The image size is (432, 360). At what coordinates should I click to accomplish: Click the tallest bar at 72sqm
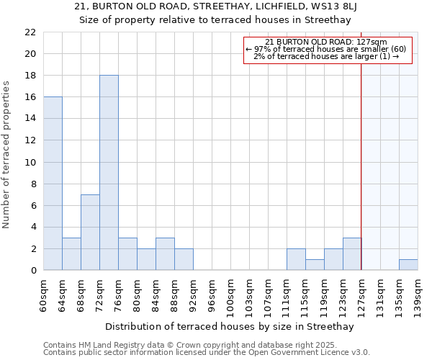[x=109, y=173]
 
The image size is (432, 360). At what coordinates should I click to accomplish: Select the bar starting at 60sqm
[x=53, y=184]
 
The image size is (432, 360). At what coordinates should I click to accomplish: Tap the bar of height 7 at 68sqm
[x=90, y=233]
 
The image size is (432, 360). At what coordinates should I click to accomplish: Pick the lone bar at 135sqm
[x=408, y=265]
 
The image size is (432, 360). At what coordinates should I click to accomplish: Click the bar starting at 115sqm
[x=315, y=265]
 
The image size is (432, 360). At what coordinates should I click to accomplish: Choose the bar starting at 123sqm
[x=352, y=254]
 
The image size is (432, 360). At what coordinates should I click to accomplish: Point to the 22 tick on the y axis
[x=30, y=32]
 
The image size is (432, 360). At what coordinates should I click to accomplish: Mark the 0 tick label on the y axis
[x=33, y=271]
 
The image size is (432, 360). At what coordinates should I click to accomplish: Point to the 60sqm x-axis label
[x=43, y=294]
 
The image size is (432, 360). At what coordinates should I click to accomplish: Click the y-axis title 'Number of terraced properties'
[x=7, y=155]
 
